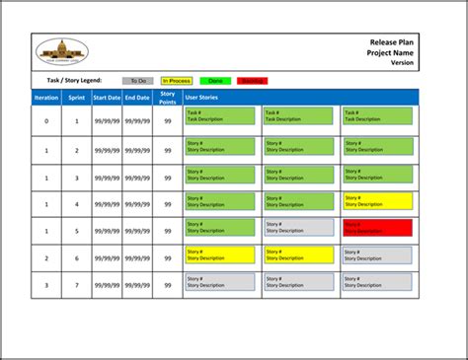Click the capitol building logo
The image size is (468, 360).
[x=61, y=52]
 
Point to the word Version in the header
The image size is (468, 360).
[x=403, y=62]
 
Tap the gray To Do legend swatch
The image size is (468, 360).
[x=137, y=81]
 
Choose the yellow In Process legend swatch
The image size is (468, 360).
[x=177, y=81]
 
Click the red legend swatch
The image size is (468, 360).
[x=252, y=81]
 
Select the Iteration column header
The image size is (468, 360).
[x=46, y=98]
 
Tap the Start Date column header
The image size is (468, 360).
[x=107, y=98]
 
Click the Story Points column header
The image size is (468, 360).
[x=168, y=97]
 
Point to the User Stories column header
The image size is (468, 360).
[x=201, y=98]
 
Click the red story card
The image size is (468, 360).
[x=376, y=227]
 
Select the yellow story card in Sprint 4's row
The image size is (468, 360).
[x=376, y=200]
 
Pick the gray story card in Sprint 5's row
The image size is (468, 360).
[x=297, y=227]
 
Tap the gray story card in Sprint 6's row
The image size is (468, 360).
[x=376, y=254]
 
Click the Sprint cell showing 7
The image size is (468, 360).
[x=77, y=285]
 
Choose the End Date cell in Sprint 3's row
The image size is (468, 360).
[x=137, y=178]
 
